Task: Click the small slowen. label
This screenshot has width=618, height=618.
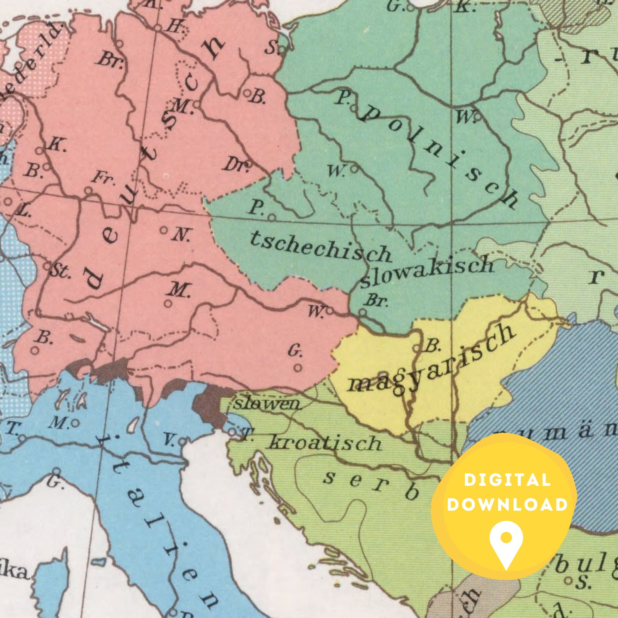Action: click(x=267, y=404)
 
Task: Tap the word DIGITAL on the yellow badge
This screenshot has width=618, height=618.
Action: click(x=507, y=480)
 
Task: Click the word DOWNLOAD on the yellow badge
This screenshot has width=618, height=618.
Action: click(x=507, y=505)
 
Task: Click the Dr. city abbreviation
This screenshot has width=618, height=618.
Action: click(x=235, y=166)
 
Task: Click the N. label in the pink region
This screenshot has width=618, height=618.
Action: click(x=181, y=235)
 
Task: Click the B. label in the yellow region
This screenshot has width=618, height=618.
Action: click(x=431, y=345)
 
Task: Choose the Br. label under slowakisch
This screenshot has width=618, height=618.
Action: click(x=376, y=300)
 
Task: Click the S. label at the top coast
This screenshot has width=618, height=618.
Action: click(x=271, y=48)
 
